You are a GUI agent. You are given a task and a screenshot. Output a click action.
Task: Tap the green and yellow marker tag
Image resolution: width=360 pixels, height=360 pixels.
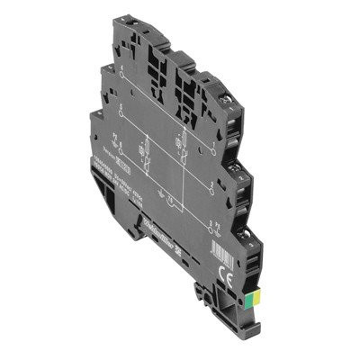click(x=260, y=291)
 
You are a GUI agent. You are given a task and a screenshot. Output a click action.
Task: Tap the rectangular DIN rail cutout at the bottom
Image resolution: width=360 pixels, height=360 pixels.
click(x=135, y=229)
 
